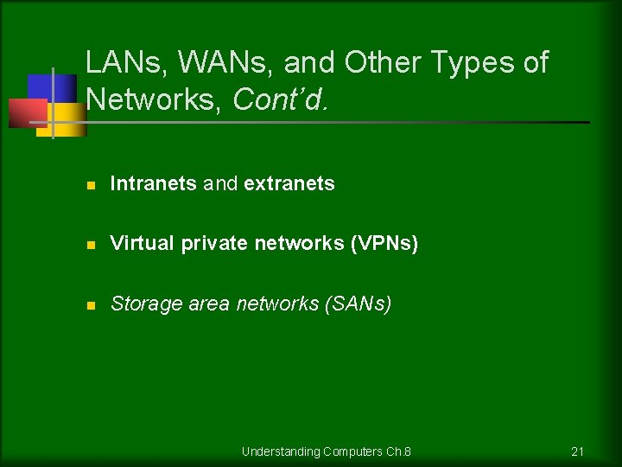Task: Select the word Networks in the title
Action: (x=155, y=99)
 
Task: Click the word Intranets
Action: (x=154, y=183)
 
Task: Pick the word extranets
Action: (x=289, y=183)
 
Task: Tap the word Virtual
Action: (x=143, y=244)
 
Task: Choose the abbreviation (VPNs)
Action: (x=384, y=244)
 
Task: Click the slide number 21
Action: (x=578, y=451)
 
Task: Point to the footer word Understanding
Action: (x=282, y=451)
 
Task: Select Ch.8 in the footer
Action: (x=398, y=451)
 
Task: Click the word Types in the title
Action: (x=474, y=63)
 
